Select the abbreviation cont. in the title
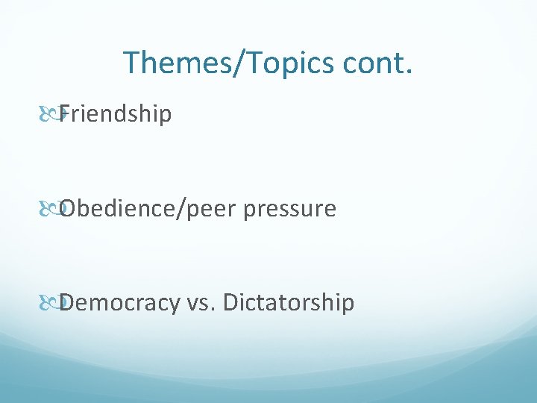pyautogui.click(x=377, y=62)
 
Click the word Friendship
pyautogui.click(x=116, y=114)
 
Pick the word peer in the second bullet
pyautogui.click(x=208, y=210)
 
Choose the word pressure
pyautogui.click(x=289, y=210)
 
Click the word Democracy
pyautogui.click(x=120, y=303)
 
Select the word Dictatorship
pyautogui.click(x=289, y=303)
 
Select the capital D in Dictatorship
pyautogui.click(x=230, y=303)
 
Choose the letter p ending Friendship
pyautogui.click(x=166, y=116)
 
